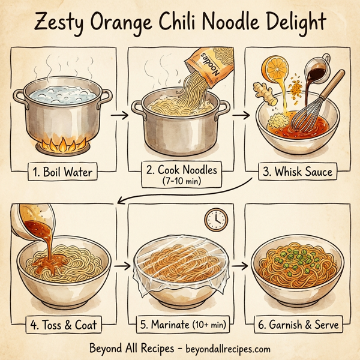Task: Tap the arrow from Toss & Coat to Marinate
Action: [x=122, y=264]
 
